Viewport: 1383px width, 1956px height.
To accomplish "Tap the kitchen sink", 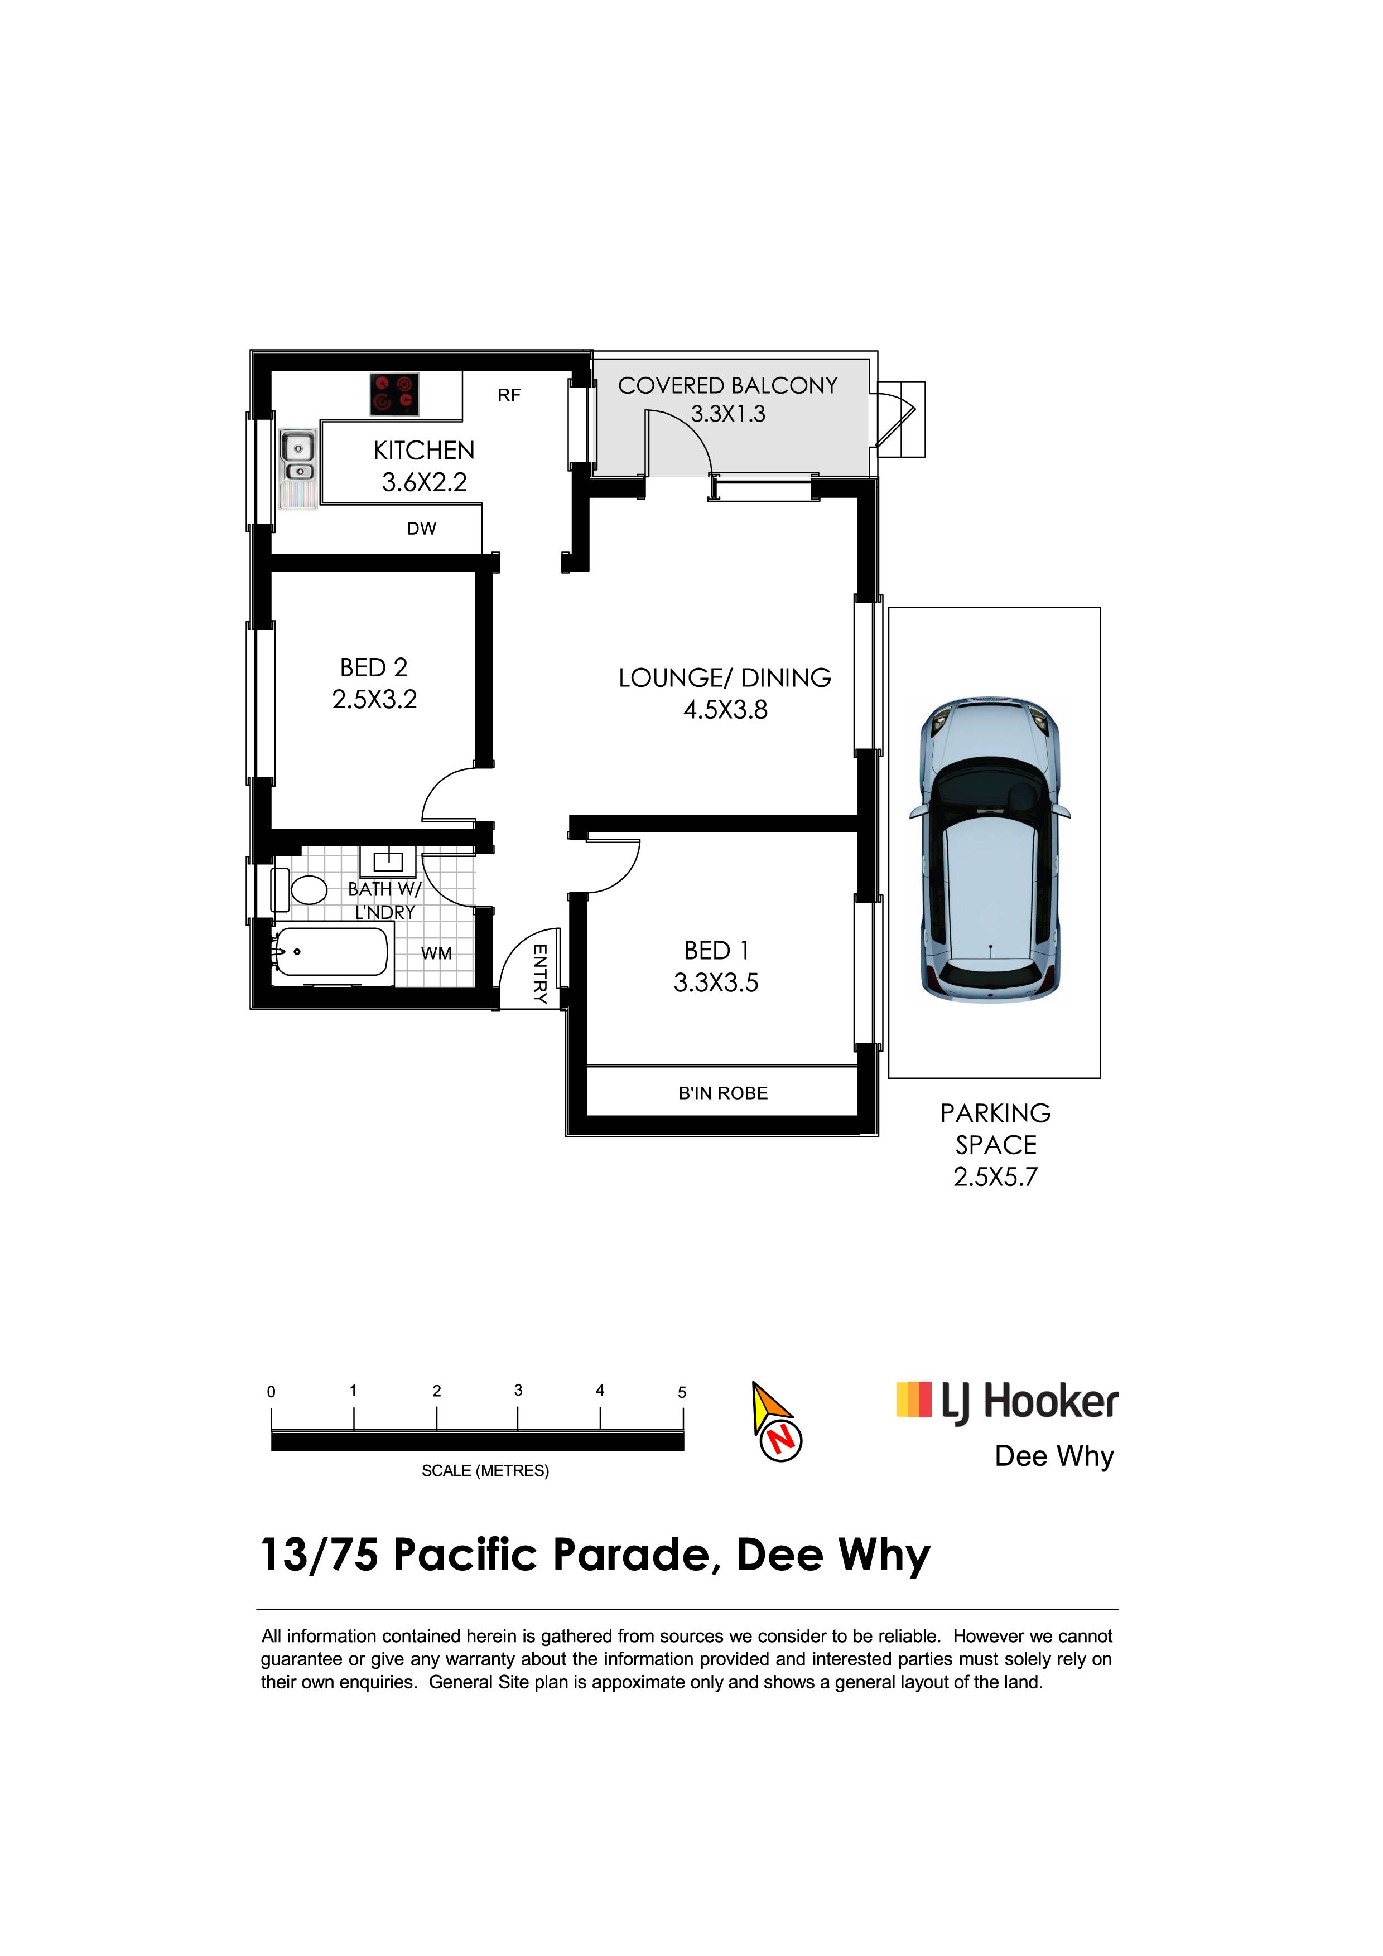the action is coord(297,468).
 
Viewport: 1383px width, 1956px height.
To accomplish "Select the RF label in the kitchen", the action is coord(509,395).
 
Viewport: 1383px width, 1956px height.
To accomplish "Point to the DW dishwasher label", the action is coord(422,529).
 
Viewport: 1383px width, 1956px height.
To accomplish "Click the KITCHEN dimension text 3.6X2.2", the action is coord(425,482).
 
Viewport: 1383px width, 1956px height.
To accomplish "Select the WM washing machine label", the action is coord(436,953).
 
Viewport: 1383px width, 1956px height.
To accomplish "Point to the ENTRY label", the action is coord(539,974).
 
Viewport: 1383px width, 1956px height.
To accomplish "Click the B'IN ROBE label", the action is coord(724,1093).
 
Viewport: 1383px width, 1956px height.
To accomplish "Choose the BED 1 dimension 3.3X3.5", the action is coord(716,983).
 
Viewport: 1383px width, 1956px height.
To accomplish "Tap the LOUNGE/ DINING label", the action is coord(725,678).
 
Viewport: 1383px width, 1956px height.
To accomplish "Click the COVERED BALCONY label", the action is coord(727,386).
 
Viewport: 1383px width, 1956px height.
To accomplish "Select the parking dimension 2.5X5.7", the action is coord(995,1178).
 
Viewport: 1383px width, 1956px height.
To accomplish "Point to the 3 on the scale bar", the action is coord(518,1390).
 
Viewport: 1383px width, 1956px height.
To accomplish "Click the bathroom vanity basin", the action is coord(388,862).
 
